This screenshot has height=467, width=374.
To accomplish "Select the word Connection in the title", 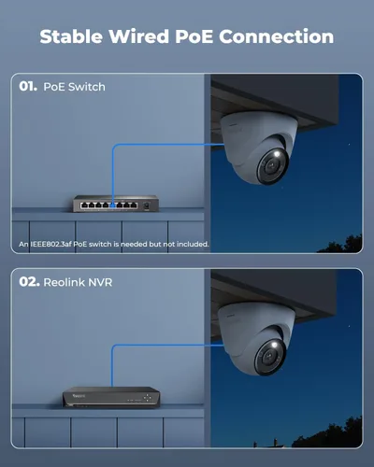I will coord(280,36).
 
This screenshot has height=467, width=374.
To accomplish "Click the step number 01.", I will coord(28,87).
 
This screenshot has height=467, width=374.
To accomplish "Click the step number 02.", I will coord(29,280).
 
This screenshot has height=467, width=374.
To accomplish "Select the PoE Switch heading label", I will coord(75,87).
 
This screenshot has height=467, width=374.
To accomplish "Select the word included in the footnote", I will coord(190,244).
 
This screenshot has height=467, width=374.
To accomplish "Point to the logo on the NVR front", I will coord(74,396).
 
